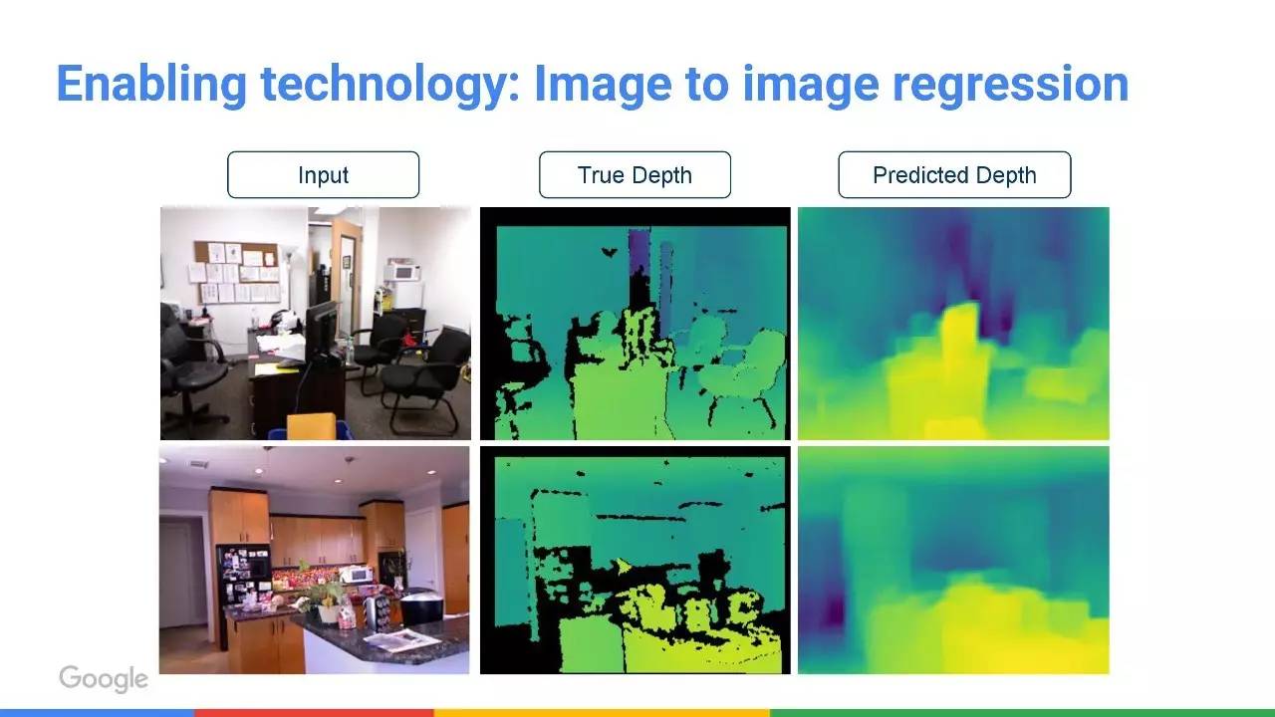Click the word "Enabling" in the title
[151, 85]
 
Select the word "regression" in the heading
[1010, 86]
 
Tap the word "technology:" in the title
[390, 85]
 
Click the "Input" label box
[324, 174]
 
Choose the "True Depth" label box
[635, 174]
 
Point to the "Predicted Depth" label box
[954, 174]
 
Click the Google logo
[104, 678]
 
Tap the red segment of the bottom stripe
[314, 713]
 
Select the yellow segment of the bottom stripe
[602, 713]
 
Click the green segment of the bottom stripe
[1022, 713]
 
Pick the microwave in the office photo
[402, 272]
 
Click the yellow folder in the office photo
[311, 425]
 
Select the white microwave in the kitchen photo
[357, 574]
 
